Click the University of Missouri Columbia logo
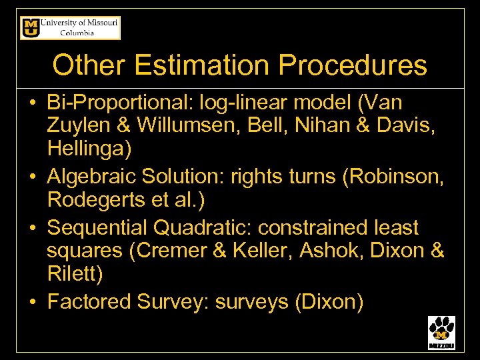[70, 28]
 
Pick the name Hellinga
[89, 149]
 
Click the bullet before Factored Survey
[32, 303]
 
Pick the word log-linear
[245, 103]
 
